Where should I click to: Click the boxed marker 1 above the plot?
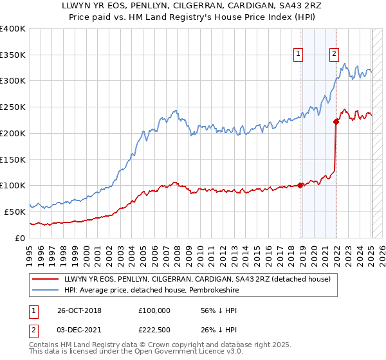point(300,55)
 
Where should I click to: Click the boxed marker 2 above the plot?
point(335,55)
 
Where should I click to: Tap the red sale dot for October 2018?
point(300,186)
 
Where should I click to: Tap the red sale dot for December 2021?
point(336,121)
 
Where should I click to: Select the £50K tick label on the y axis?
point(15,212)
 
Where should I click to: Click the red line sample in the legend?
point(45,279)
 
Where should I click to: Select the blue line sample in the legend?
point(45,290)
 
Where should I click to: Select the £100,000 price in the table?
point(154,310)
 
